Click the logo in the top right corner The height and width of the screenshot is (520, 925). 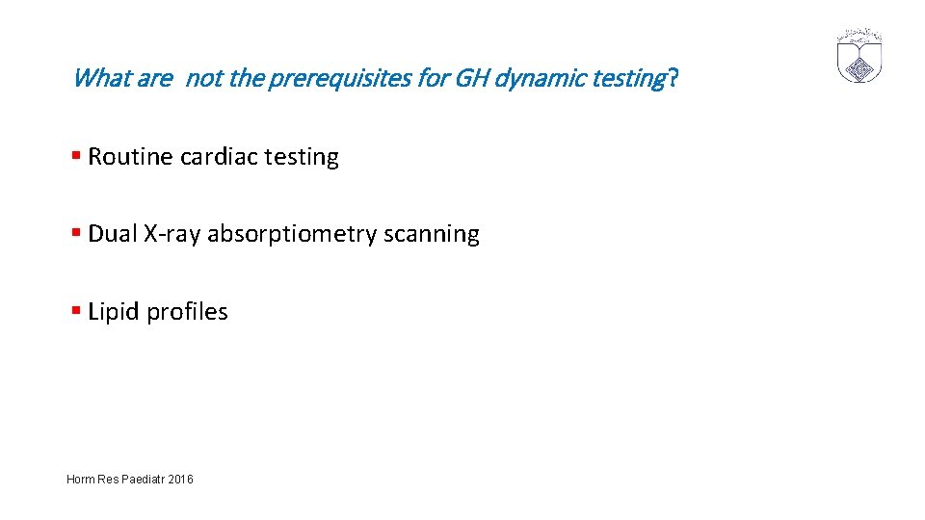click(x=859, y=56)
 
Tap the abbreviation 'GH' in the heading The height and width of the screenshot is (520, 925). click(x=470, y=78)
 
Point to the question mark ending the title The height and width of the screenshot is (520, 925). click(x=673, y=78)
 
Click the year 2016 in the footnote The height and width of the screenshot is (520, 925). click(x=179, y=479)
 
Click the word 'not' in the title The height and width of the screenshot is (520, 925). click(x=202, y=78)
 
